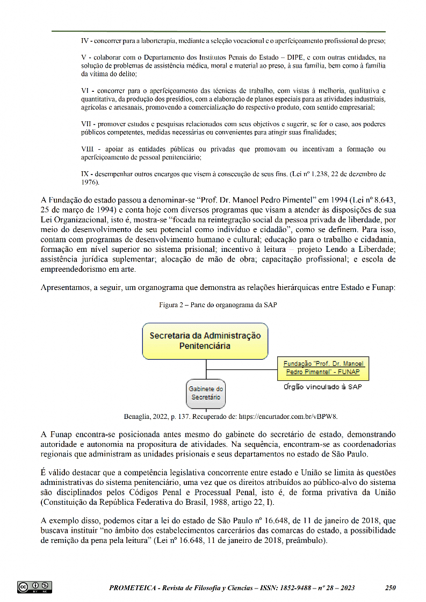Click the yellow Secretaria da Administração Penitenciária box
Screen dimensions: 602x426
coord(205,341)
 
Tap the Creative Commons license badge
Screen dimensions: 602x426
coord(34,587)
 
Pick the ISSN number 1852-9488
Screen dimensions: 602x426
coord(277,588)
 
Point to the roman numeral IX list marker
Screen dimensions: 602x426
coord(85,174)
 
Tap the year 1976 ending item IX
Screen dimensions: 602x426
coord(89,182)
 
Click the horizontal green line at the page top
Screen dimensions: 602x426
coord(219,31)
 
